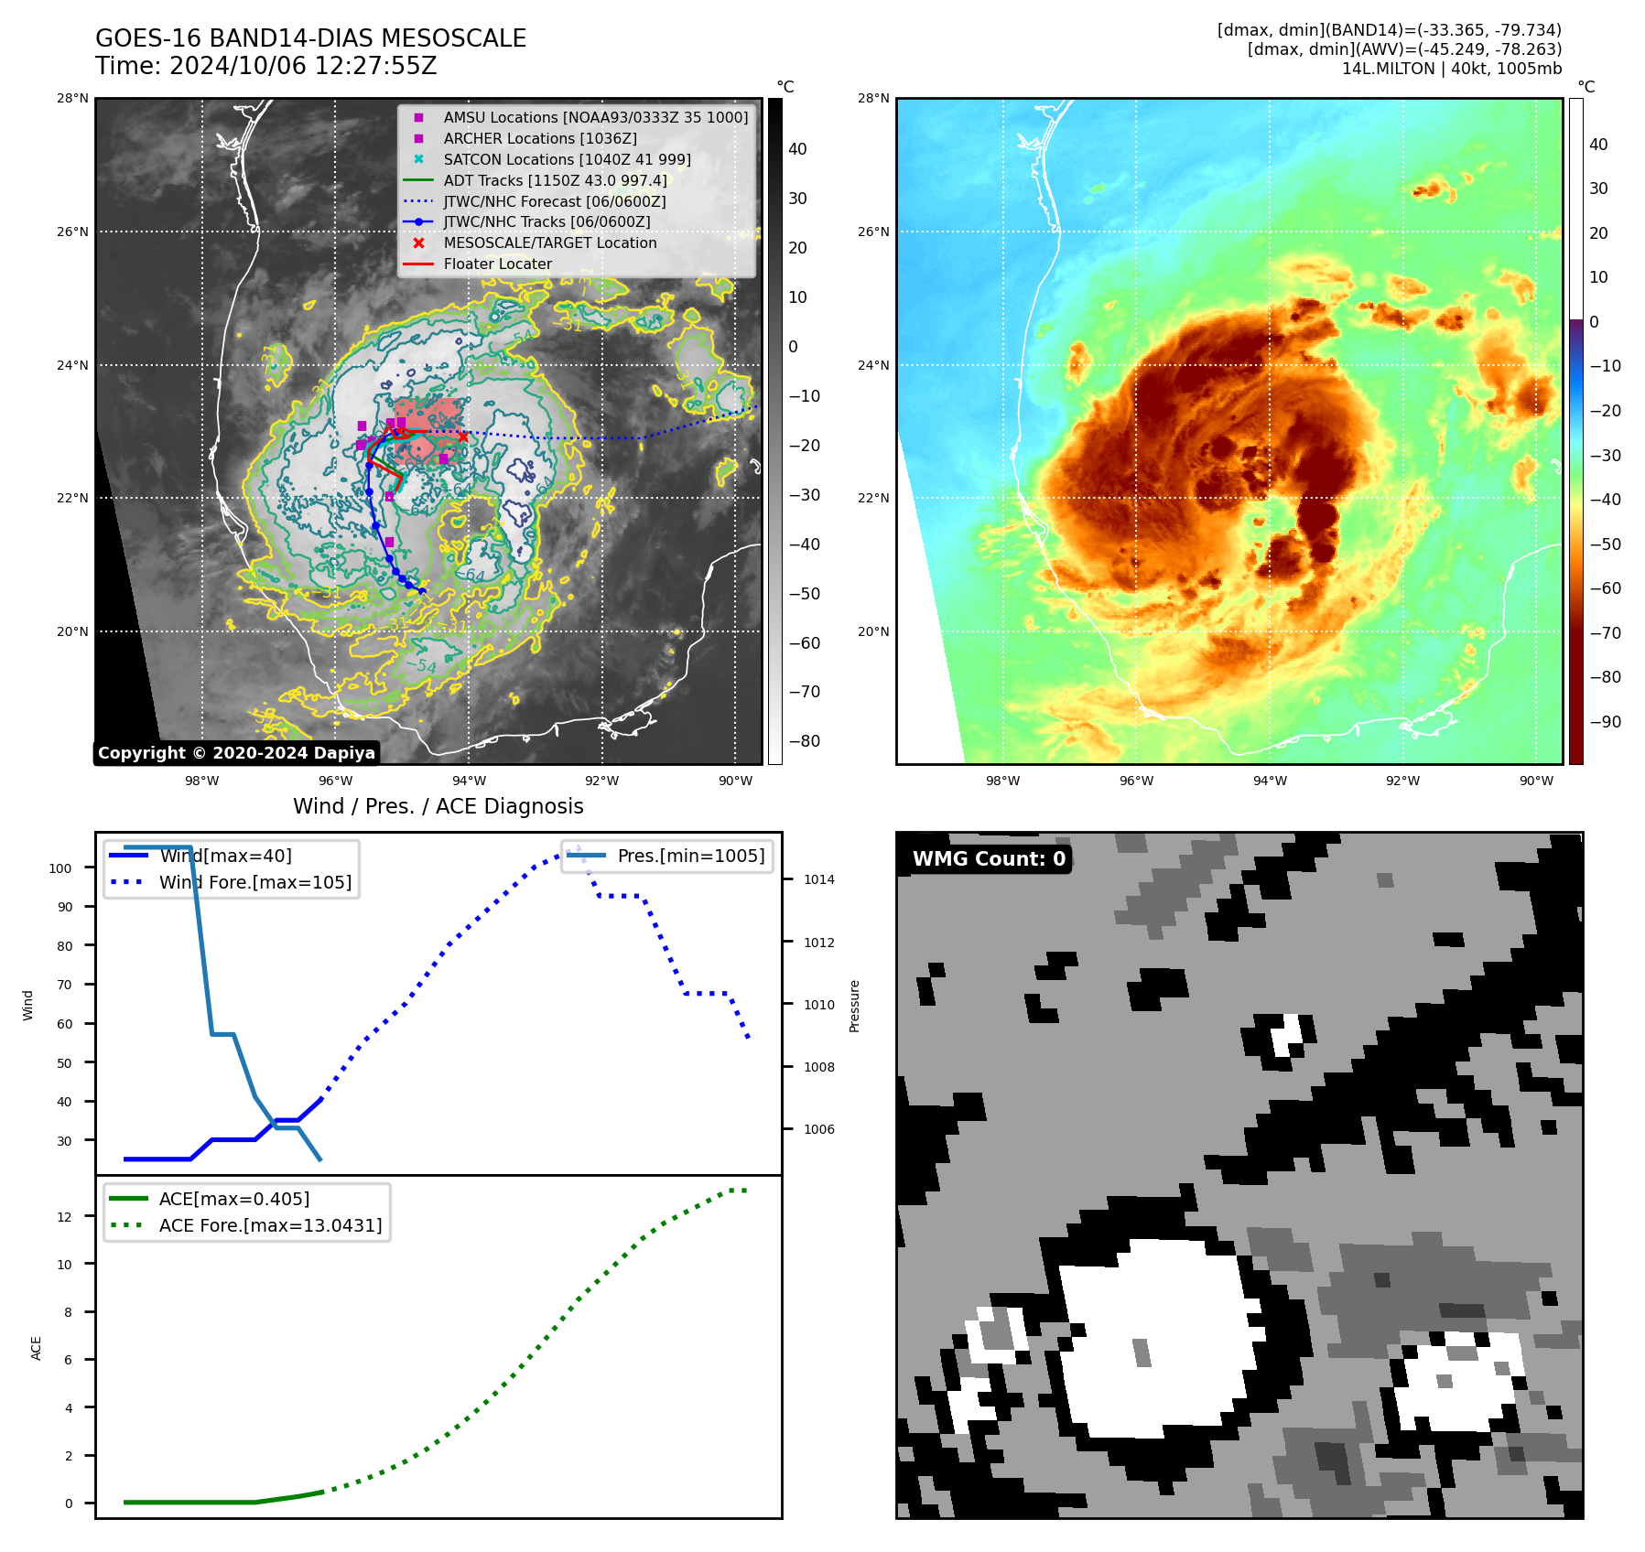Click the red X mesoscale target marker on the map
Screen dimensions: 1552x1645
463,436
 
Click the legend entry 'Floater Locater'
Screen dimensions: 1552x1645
497,264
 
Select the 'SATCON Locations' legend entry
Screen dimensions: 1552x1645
567,159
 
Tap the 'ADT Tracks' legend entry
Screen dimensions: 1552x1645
555,180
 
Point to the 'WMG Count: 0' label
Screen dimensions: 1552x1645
989,858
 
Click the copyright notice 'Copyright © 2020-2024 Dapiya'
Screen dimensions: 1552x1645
236,753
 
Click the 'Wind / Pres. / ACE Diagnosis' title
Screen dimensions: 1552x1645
438,806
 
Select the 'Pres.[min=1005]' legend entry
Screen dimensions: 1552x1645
690,856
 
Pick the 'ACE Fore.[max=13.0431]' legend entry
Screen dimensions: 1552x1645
270,1225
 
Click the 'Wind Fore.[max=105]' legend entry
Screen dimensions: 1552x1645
254,882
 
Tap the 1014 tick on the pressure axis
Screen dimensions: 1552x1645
819,879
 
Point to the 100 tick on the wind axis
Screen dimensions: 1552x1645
60,868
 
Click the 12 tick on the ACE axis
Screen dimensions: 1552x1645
64,1217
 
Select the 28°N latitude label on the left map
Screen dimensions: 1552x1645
72,98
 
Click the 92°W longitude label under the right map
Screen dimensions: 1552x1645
1402,781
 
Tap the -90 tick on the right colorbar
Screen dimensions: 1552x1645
1605,722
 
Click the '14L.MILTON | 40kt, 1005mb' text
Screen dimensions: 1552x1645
1451,69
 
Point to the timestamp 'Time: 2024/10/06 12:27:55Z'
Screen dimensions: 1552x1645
265,66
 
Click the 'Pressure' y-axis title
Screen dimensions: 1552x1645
854,1006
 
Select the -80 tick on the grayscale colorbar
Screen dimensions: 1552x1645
805,741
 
